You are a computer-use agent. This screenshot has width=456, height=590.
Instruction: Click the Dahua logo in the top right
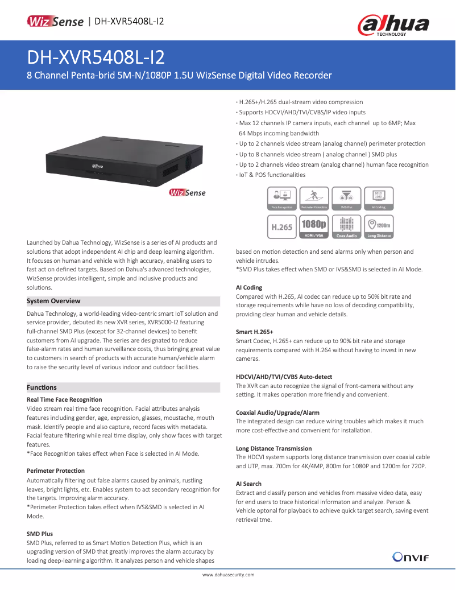pyautogui.click(x=393, y=26)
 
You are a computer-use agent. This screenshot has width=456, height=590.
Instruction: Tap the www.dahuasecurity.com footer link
pyautogui.click(x=228, y=575)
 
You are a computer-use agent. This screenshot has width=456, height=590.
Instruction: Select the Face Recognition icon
pyautogui.click(x=283, y=199)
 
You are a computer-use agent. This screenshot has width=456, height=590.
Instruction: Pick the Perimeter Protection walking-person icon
pyautogui.click(x=314, y=199)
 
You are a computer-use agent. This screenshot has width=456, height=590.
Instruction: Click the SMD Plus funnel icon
pyautogui.click(x=346, y=199)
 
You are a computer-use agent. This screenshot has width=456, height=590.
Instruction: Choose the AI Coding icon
pyautogui.click(x=379, y=199)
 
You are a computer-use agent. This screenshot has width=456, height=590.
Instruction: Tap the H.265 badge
pyautogui.click(x=283, y=226)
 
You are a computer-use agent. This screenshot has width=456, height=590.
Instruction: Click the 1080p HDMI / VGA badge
pyautogui.click(x=314, y=226)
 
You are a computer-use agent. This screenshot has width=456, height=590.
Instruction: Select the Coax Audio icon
pyautogui.click(x=346, y=226)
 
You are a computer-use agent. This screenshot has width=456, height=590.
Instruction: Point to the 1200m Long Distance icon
pyautogui.click(x=379, y=226)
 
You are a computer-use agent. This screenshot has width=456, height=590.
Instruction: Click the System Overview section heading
pyautogui.click(x=54, y=301)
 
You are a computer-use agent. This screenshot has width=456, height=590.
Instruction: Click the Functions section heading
pyautogui.click(x=42, y=387)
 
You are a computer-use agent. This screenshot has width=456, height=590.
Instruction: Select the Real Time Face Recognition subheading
pyautogui.click(x=64, y=399)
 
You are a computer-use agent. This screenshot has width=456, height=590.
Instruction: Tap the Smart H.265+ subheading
pyautogui.click(x=254, y=331)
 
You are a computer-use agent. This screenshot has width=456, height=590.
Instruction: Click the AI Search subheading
pyautogui.click(x=248, y=484)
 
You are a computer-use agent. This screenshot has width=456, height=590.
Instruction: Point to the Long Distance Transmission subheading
pyautogui.click(x=273, y=448)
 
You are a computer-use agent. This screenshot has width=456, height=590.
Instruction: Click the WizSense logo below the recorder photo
pyautogui.click(x=187, y=193)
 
